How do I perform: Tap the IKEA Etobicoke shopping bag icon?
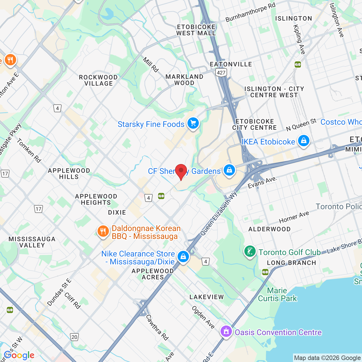tap(303, 141)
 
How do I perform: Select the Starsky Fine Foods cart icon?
tap(193, 123)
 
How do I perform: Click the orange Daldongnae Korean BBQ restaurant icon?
tap(103, 231)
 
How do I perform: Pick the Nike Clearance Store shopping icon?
tap(183, 257)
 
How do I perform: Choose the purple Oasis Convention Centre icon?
tap(226, 331)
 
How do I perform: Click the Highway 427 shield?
tap(221, 73)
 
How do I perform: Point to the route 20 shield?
tap(74, 337)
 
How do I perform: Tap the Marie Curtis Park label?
tap(277, 294)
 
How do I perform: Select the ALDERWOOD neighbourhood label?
tap(269, 229)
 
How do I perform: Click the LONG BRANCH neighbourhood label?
tap(291, 263)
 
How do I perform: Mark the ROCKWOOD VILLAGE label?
tap(98, 80)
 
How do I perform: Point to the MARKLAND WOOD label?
tap(184, 80)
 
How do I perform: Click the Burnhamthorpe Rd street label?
tap(250, 13)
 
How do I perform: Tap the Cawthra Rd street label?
tap(157, 327)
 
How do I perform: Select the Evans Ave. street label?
tap(262, 182)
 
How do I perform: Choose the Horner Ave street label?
tap(294, 217)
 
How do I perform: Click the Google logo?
tap(19, 355)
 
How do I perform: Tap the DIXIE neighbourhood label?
tap(117, 212)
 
